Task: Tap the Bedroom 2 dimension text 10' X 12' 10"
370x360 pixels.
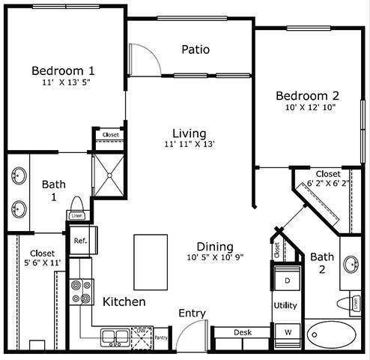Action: point(308,108)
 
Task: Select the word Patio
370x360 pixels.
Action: point(195,50)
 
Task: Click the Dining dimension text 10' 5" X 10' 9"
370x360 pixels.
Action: point(215,258)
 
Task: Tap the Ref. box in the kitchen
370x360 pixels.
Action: point(80,241)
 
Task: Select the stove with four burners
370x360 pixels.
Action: point(79,293)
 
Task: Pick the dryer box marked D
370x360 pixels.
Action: point(286,280)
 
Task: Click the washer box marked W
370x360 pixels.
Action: point(286,331)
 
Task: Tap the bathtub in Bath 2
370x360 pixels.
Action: point(334,332)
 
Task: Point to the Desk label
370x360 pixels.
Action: point(241,331)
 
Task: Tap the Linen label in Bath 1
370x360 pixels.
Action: point(76,216)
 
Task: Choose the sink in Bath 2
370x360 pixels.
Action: point(351,264)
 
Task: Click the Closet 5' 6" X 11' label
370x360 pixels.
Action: point(40,258)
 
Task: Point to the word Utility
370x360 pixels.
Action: point(286,305)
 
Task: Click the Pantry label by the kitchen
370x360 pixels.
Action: point(161,337)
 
